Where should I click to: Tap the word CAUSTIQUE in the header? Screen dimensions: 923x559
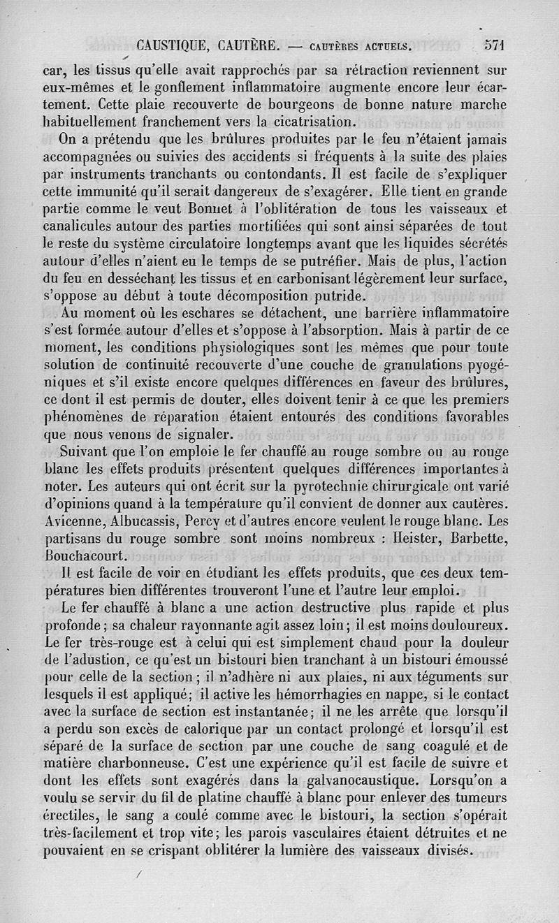tap(173, 47)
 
